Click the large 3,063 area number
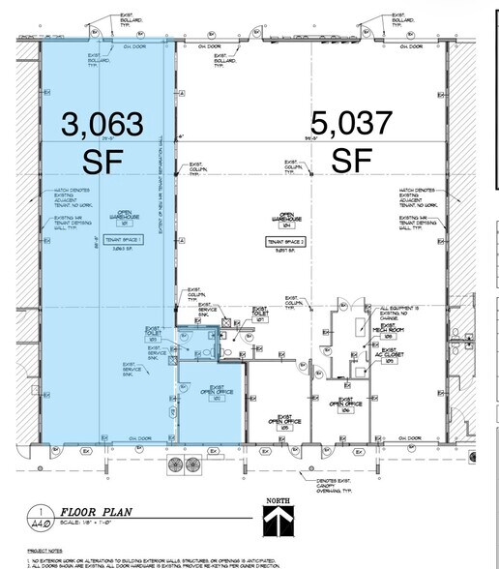pyautogui.click(x=103, y=124)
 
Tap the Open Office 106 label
pyautogui.click(x=346, y=404)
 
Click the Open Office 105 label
pyautogui.click(x=285, y=423)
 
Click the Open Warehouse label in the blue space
pyautogui.click(x=124, y=218)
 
